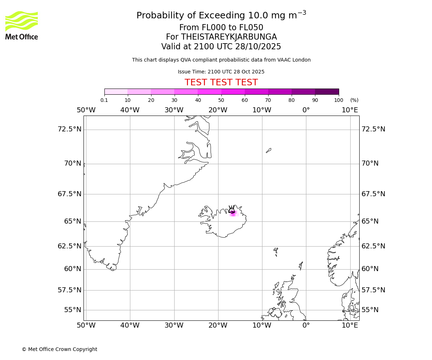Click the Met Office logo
[22, 25]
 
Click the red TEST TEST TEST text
[221, 82]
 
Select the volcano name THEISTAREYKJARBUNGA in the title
[229, 37]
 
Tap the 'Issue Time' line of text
[221, 72]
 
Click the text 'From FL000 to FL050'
[221, 28]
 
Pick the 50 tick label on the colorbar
[221, 100]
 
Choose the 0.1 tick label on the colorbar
[104, 100]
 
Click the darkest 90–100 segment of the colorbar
[327, 91]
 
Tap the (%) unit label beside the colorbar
[354, 100]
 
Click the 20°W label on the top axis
[218, 110]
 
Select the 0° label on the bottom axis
[306, 325]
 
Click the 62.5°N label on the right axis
[373, 246]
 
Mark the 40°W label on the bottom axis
[130, 325]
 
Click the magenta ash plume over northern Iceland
[233, 213]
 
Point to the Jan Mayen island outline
[269, 150]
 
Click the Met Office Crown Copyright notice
[59, 349]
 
